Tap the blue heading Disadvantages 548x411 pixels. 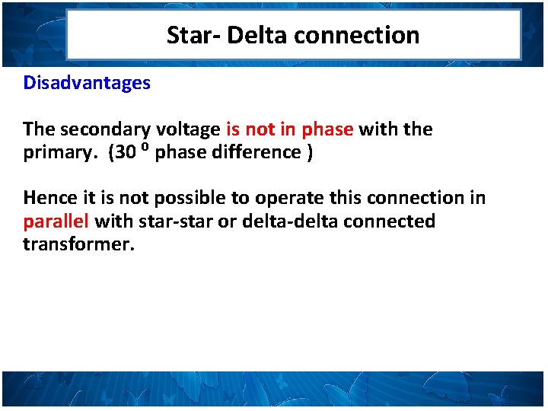pos(87,83)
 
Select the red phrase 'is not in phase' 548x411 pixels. pos(289,129)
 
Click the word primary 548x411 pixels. pos(59,152)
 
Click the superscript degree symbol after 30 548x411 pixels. pos(143,148)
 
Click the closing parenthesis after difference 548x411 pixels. pos(308,152)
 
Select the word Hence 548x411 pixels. pos(46,199)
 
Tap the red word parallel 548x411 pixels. pos(56,221)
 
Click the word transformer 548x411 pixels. pos(78,244)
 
